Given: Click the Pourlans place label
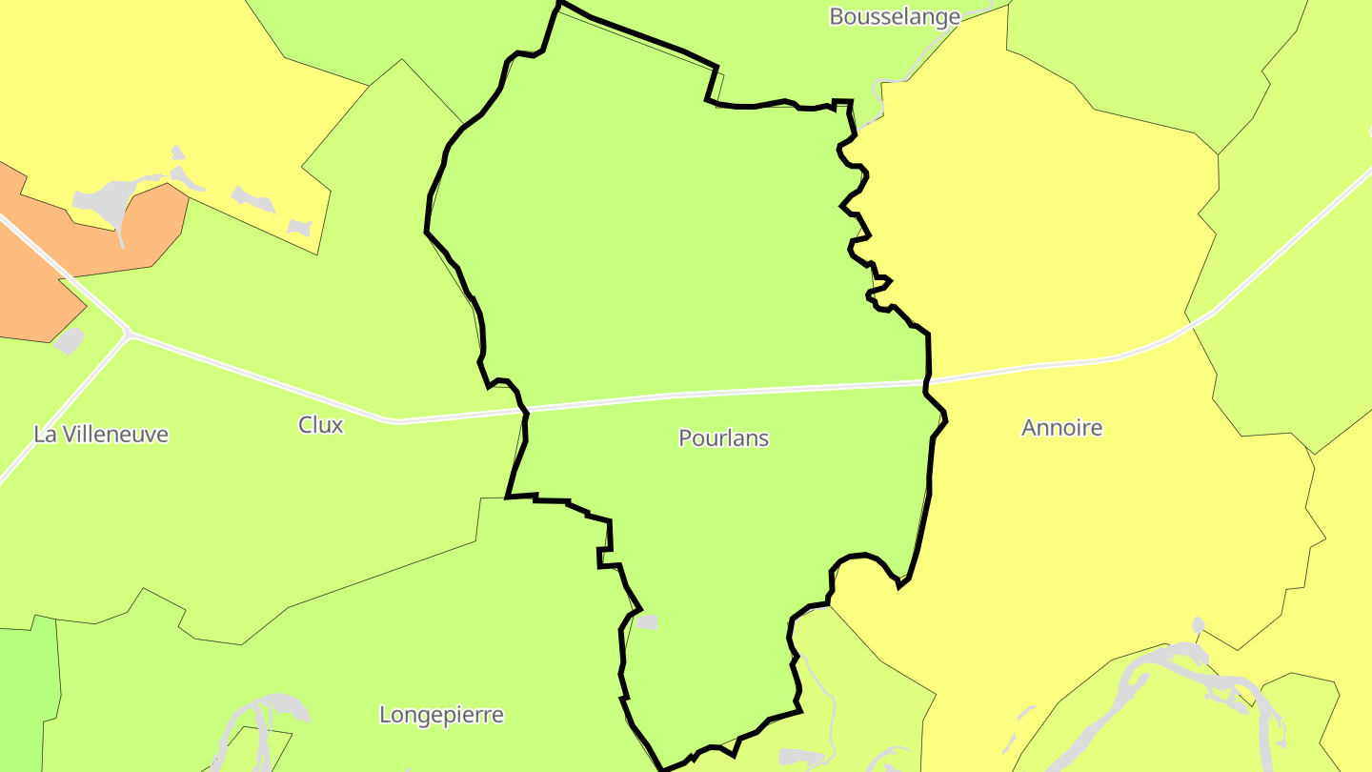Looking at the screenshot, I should coord(723,438).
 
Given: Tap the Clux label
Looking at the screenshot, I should coord(320,425).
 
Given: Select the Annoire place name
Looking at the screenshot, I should coord(1061,428).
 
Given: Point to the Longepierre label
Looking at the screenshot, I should coord(441,715).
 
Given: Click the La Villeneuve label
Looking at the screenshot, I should coord(101,435).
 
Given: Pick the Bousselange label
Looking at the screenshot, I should coord(894,16).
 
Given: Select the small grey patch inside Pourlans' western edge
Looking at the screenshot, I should coord(647,622).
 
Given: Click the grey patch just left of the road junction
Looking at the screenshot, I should coord(69,340).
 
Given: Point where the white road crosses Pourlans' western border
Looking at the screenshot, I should coord(523,411).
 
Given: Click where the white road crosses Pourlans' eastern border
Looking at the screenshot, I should coord(926,383).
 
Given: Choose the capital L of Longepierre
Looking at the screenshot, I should coord(384,715).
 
